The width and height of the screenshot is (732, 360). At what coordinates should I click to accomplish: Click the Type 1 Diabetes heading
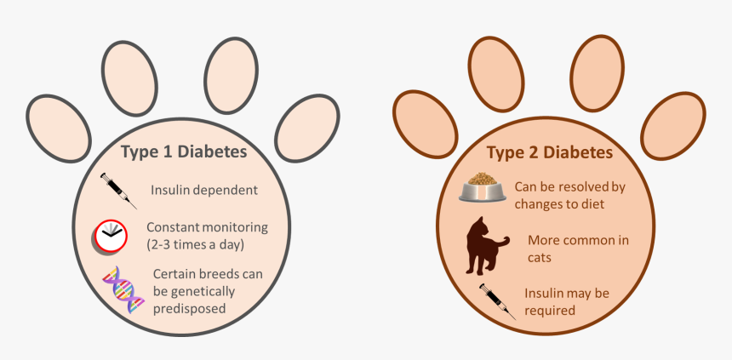pyautogui.click(x=184, y=152)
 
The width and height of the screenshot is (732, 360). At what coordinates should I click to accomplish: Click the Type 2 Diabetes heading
pyautogui.click(x=549, y=153)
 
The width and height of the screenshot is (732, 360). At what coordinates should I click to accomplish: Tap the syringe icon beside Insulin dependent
pyautogui.click(x=118, y=191)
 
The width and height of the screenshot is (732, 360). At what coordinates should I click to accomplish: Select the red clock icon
pyautogui.click(x=111, y=235)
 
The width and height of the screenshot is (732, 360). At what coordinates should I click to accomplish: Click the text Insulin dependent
pyautogui.click(x=203, y=190)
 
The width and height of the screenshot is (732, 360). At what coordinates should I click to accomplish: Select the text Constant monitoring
pyautogui.click(x=207, y=227)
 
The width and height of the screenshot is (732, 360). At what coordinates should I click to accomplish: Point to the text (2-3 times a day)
pyautogui.click(x=195, y=245)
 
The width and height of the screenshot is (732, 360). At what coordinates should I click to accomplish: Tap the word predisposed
pyautogui.click(x=190, y=308)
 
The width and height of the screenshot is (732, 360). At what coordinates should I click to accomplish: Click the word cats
pyautogui.click(x=542, y=256)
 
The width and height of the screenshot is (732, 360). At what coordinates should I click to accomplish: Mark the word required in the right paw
pyautogui.click(x=550, y=311)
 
